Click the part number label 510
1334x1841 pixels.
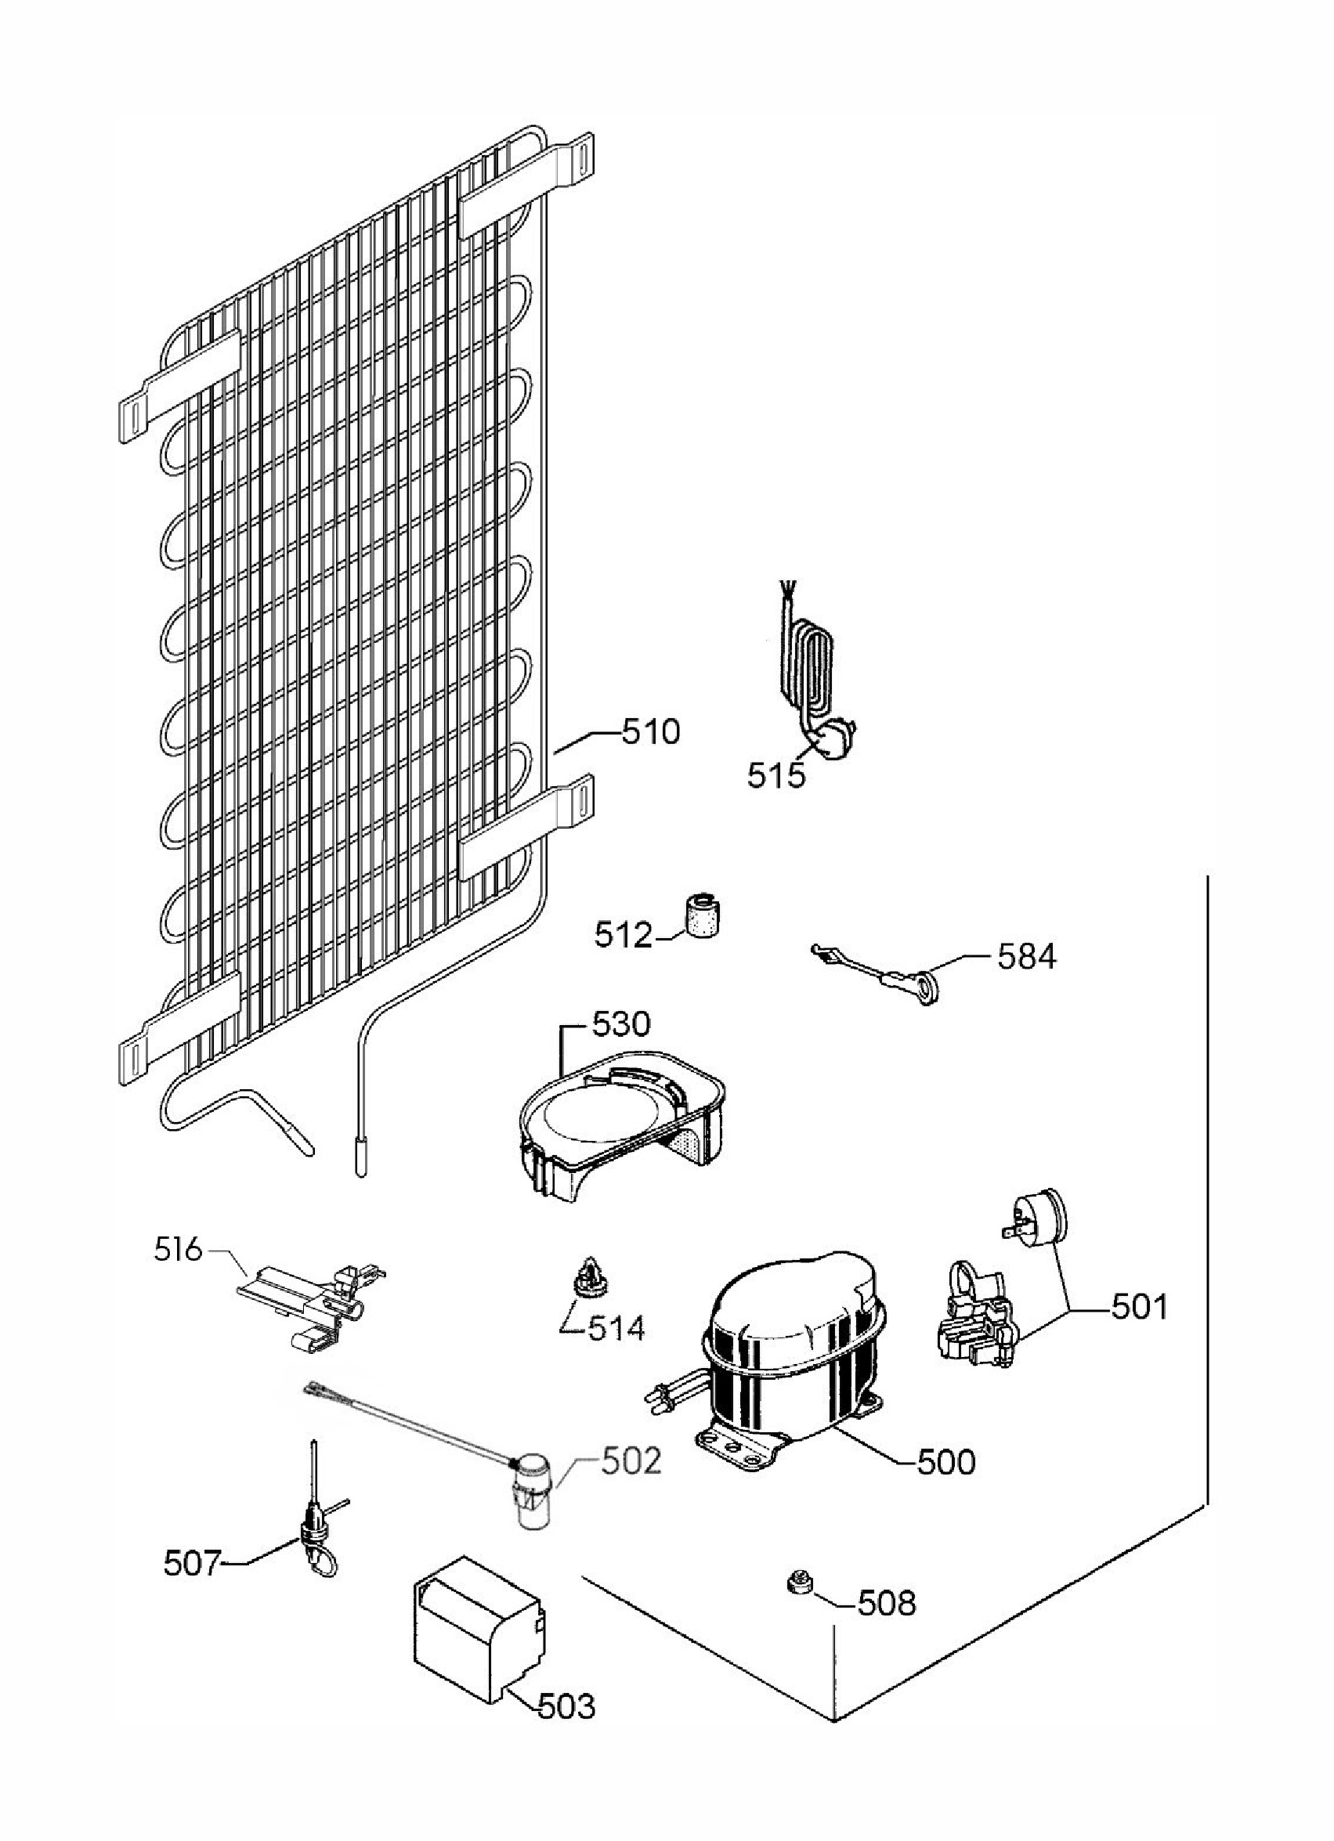coord(650,732)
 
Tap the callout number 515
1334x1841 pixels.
coord(776,776)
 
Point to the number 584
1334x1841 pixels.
coord(1027,957)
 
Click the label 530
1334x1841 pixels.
coord(621,1024)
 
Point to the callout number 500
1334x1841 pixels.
coord(946,1462)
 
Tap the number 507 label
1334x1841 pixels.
coord(193,1569)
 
